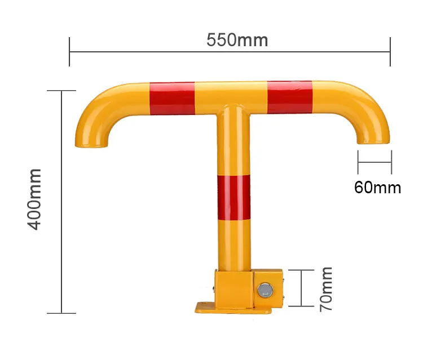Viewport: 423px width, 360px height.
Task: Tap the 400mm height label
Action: point(35,198)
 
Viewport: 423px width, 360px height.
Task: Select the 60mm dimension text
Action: point(377,186)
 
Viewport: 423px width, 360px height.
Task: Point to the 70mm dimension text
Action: point(326,290)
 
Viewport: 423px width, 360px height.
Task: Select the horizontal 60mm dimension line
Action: point(374,163)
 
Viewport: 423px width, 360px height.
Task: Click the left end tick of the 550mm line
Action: point(69,52)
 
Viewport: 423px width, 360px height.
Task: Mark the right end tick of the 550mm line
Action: point(390,52)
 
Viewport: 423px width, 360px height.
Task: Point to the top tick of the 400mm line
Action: point(61,90)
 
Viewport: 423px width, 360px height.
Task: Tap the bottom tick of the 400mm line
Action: point(61,313)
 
